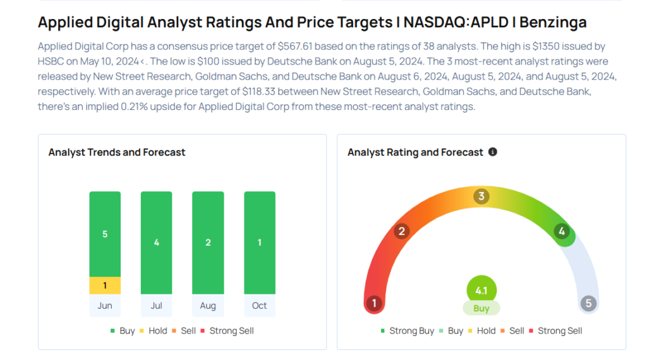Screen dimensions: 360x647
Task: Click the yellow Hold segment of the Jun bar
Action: pos(105,285)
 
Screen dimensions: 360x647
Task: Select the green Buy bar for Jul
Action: pos(157,243)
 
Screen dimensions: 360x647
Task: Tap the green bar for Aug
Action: pos(208,243)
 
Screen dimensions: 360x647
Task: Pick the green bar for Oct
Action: pos(260,243)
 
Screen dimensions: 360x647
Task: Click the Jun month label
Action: pos(105,306)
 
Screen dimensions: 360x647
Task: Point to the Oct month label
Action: pos(260,306)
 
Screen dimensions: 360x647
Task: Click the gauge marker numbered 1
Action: pos(374,304)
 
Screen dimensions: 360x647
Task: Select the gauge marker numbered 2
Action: pos(401,231)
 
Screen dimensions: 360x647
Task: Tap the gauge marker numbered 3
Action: pos(481,196)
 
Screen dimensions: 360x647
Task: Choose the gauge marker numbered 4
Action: pos(562,231)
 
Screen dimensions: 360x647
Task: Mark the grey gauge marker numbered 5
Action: pos(588,304)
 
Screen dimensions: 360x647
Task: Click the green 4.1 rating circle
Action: pos(481,291)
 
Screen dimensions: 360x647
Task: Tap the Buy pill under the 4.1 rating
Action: pos(481,309)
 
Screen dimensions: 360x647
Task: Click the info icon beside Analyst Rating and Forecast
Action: pos(493,152)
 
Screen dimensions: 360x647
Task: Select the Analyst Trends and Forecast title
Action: pos(117,152)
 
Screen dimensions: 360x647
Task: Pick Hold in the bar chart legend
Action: pos(158,331)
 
